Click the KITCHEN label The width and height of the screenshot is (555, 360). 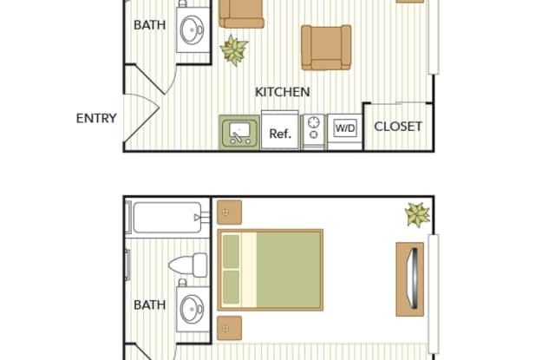click(283, 92)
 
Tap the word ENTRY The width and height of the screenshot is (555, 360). click(96, 118)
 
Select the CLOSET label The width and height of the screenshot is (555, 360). click(398, 127)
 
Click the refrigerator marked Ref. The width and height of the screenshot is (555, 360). click(280, 130)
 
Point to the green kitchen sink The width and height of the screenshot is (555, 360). click(239, 133)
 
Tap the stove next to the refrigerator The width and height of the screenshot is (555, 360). click(314, 132)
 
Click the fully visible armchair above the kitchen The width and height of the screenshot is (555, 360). click(326, 48)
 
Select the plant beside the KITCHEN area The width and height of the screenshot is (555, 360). click(234, 50)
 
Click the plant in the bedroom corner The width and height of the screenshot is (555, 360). click(418, 214)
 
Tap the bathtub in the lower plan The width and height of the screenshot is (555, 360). click(167, 218)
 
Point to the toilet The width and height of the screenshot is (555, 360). click(188, 265)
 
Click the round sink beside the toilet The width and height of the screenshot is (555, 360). click(192, 309)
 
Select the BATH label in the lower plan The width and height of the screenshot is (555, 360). click(150, 305)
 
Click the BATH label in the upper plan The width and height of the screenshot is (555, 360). click(150, 25)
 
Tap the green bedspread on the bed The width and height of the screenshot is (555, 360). click(289, 270)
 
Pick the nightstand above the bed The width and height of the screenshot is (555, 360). click(229, 213)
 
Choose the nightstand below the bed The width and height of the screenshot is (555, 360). click(229, 328)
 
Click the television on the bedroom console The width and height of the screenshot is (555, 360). click(414, 279)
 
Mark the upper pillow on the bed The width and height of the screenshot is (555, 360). click(232, 252)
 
